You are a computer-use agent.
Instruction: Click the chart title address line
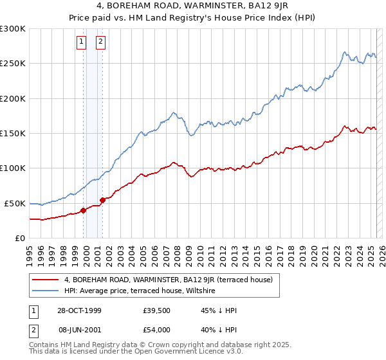point(193,7)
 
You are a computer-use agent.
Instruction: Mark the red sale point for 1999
point(84,210)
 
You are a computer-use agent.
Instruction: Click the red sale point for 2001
point(102,200)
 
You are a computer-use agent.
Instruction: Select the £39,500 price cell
point(157,310)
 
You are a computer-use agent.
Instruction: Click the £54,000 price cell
point(157,330)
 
